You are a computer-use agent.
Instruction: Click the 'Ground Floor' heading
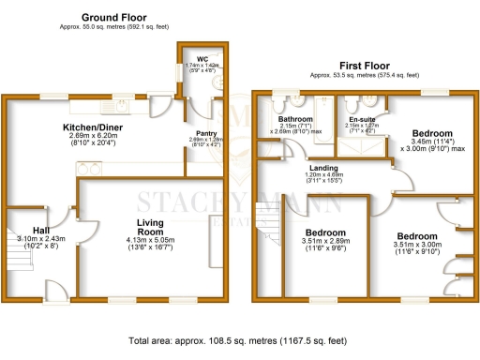pos(113,18)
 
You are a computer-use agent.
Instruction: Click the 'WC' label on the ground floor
pos(202,57)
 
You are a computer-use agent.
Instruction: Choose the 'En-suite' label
pos(362,120)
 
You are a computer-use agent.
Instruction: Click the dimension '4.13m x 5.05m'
pos(151,240)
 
